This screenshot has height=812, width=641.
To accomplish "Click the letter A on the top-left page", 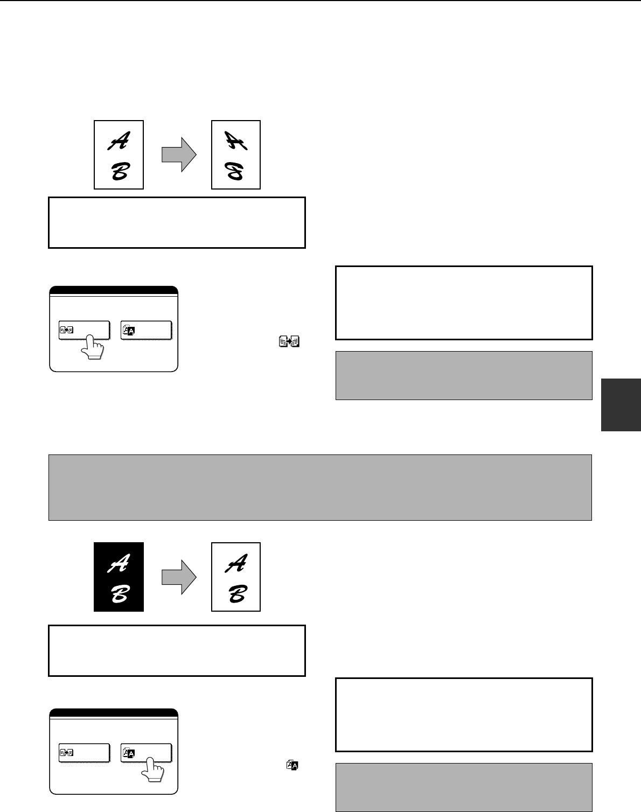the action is tap(119, 141).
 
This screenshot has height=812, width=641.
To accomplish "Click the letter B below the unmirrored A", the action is tap(121, 171).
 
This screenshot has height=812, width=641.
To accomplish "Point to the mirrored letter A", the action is tap(236, 141).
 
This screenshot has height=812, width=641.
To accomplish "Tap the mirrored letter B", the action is tap(234, 171).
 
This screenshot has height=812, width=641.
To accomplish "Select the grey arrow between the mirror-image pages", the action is tap(179, 155).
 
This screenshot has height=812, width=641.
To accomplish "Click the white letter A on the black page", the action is tap(119, 563).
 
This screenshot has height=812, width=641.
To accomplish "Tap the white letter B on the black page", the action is tap(121, 594).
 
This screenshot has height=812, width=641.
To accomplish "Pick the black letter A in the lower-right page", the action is tap(236, 563).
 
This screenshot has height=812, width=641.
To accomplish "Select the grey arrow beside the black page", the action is tap(179, 577).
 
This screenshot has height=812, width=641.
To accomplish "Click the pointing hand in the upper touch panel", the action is tap(92, 347).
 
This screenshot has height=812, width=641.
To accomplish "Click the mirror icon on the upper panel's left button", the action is tap(66, 330).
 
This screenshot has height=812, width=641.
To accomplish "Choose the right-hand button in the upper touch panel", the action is tap(147, 331).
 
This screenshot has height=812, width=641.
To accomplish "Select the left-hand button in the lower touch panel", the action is tap(84, 753).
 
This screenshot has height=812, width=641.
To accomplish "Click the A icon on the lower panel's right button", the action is tap(129, 753).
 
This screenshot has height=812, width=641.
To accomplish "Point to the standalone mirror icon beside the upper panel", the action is tap(289, 341).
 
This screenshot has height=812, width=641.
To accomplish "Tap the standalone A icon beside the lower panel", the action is tap(292, 765).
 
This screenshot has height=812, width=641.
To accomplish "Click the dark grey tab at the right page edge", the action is tap(621, 404).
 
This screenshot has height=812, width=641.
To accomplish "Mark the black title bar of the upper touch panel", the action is tap(114, 290).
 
